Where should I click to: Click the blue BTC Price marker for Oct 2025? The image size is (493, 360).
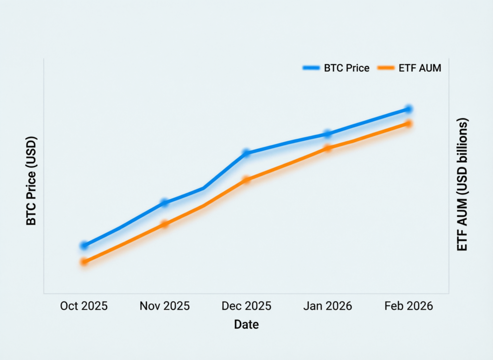84,246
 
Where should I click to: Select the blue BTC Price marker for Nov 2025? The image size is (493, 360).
165,203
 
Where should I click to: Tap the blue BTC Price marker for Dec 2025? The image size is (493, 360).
246,153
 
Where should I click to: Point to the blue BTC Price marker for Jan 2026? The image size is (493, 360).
327,134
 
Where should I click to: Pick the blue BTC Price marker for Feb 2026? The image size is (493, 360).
408,109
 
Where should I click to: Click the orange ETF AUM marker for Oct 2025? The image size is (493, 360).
84,262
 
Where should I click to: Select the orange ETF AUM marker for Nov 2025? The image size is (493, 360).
165,224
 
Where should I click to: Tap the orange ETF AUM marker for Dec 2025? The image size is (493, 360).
246,180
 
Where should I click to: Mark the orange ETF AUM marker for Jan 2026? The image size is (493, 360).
327,148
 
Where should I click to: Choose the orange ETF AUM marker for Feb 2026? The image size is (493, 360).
408,124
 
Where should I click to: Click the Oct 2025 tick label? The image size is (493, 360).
84,306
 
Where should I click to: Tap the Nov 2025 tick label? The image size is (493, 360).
165,306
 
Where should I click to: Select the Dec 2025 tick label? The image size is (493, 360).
246,306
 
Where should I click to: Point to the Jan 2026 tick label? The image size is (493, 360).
327,306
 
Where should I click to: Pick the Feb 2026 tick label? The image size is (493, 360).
408,306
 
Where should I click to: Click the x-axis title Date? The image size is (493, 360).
246,325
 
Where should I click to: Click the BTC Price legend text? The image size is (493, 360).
347,68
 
